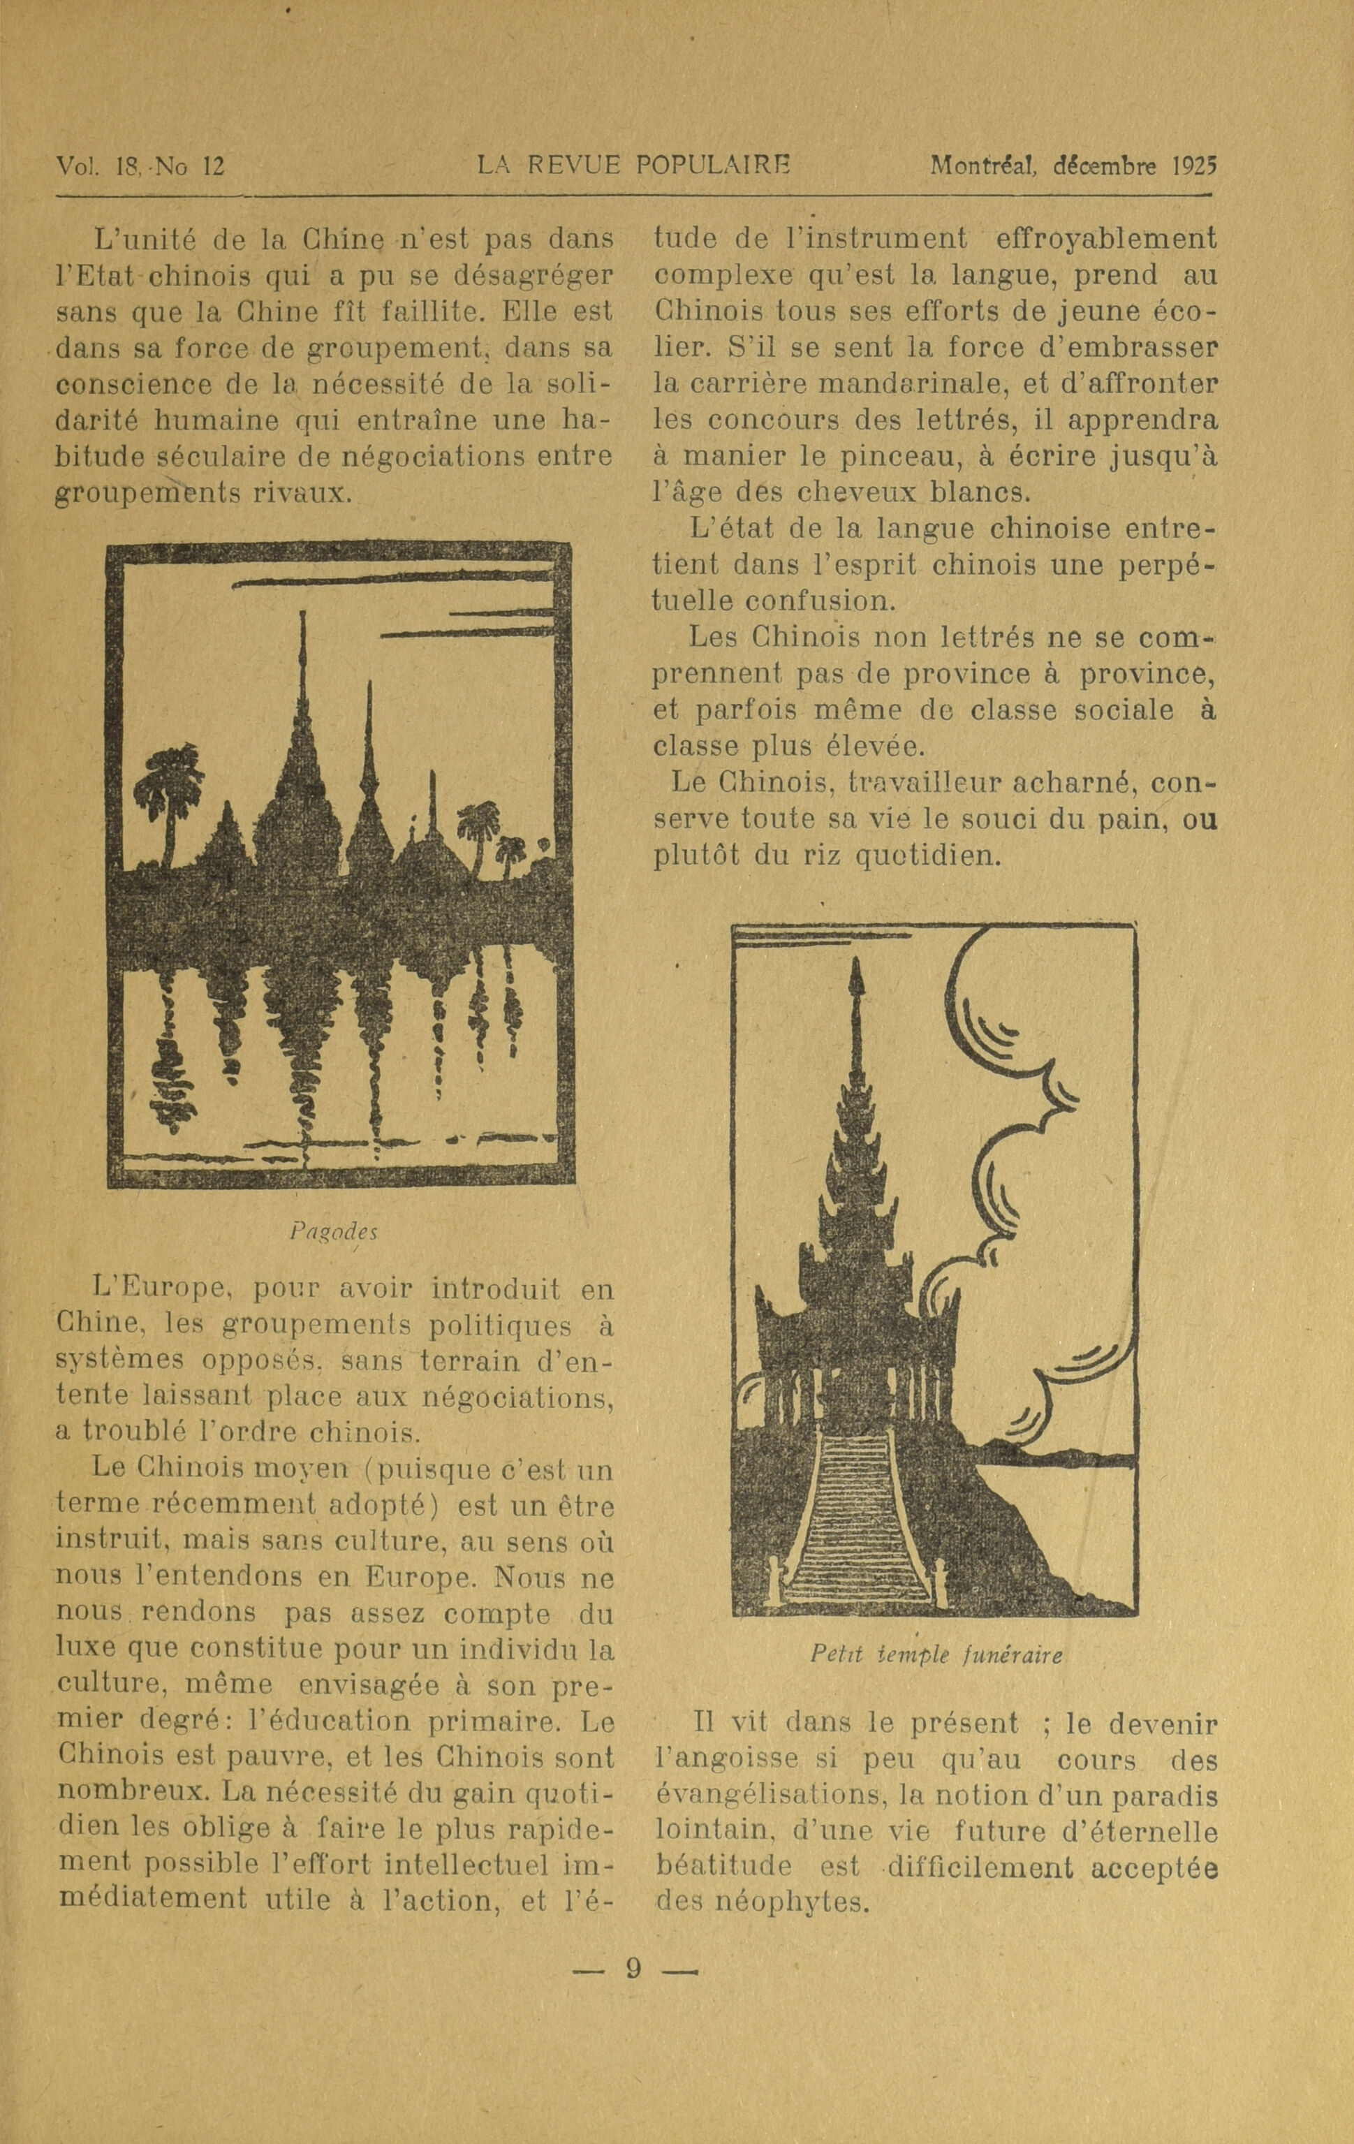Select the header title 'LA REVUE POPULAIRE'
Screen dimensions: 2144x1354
tap(634, 166)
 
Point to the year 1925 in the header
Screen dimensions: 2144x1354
tap(1195, 166)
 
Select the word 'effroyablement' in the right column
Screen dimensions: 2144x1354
tap(1107, 240)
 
